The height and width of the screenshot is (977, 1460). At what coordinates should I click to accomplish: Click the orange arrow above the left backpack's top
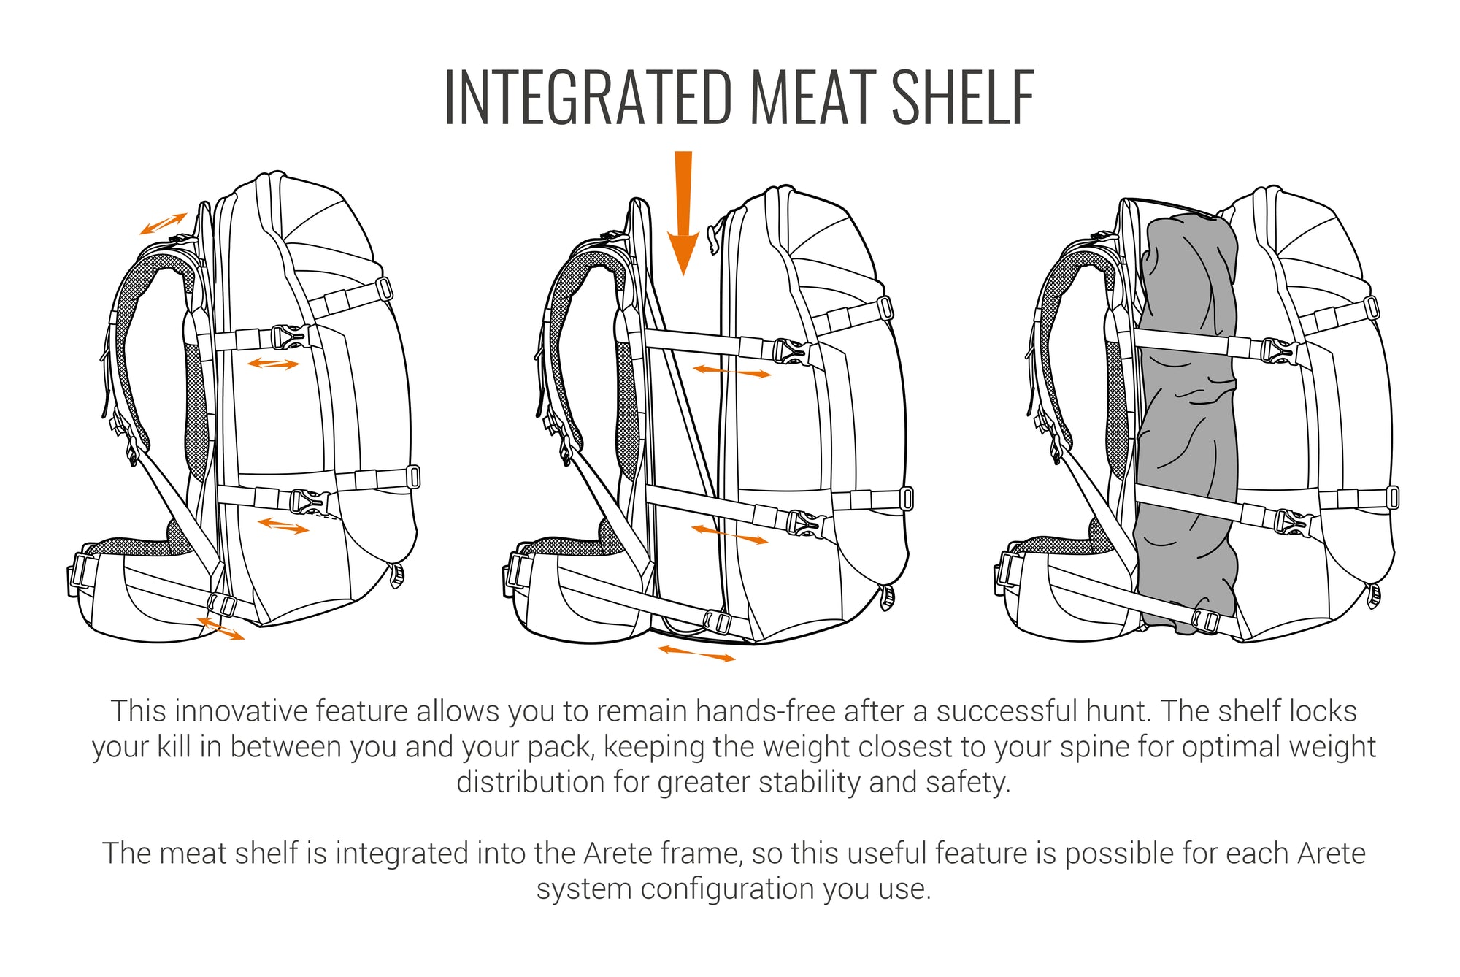tap(164, 223)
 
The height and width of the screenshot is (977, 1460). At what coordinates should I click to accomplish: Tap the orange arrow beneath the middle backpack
tap(696, 653)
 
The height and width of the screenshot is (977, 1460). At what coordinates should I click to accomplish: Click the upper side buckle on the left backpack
tap(289, 337)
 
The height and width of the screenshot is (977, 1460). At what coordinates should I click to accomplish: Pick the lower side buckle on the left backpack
tap(308, 501)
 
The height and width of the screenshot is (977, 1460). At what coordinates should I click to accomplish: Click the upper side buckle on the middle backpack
tap(791, 351)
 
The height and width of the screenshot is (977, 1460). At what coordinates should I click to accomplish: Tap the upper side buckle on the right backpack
tap(1279, 351)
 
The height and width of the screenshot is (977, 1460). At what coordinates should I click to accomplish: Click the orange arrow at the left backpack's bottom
tap(220, 629)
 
